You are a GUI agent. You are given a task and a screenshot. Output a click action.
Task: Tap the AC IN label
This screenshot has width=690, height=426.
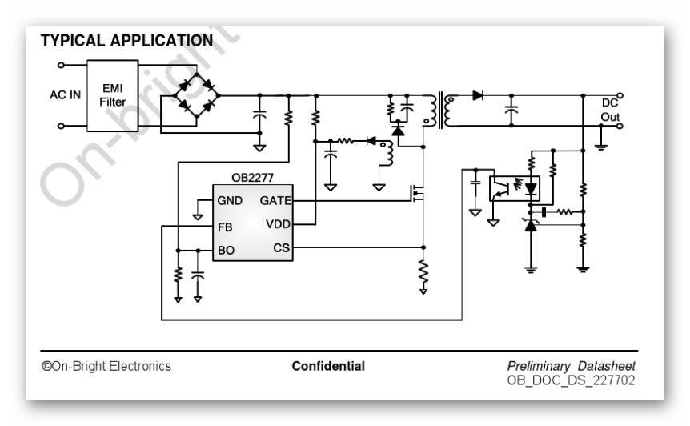65,95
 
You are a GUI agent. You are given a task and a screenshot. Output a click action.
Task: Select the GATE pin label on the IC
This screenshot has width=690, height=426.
275,201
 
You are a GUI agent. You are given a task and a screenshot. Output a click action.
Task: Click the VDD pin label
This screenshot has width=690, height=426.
278,224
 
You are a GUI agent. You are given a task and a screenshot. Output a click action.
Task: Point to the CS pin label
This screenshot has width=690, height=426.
282,248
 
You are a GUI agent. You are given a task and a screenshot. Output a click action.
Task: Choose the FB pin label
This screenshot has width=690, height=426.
225,227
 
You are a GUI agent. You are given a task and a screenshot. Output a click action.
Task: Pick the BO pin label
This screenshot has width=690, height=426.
226,251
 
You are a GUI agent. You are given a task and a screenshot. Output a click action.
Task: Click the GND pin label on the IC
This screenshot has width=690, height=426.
230,201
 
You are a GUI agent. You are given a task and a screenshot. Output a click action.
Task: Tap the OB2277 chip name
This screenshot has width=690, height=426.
253,178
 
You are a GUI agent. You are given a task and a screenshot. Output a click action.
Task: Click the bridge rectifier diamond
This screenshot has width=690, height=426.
197,95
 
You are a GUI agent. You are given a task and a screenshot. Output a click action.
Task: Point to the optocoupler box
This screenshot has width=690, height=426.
515,188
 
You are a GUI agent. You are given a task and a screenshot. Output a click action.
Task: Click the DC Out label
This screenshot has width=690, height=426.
610,110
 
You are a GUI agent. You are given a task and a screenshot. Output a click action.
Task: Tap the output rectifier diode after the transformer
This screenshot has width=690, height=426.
477,95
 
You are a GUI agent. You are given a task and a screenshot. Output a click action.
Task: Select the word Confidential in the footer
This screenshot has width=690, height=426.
328,366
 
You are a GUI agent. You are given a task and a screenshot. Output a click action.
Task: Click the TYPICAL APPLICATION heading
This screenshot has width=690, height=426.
126,41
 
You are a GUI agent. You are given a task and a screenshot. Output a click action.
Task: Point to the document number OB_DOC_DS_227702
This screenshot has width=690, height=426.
571,380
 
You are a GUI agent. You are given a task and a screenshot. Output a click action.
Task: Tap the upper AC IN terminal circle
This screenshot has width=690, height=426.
61,65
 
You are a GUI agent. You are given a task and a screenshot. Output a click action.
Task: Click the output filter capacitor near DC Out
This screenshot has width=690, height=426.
511,110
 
